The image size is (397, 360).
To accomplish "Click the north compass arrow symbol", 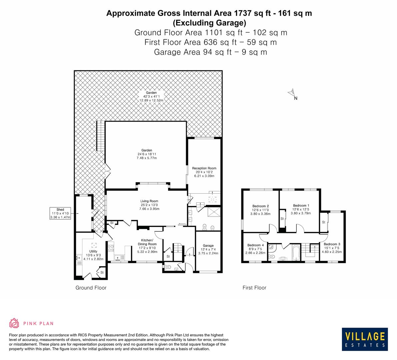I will pyautogui.click(x=292, y=93).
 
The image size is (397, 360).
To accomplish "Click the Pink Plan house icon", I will pyautogui.click(x=14, y=323).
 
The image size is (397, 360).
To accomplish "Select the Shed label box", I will pyautogui.click(x=60, y=213).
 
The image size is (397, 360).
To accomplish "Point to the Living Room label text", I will pyautogui.click(x=149, y=201).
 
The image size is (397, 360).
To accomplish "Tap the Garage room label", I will pyautogui.click(x=208, y=246).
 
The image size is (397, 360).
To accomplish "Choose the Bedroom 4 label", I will pyautogui.click(x=256, y=245).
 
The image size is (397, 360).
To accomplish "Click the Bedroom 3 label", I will pyautogui.click(x=332, y=244).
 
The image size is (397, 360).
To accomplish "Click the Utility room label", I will pyautogui.click(x=93, y=251).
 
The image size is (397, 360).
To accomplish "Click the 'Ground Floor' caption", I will pyautogui.click(x=91, y=288).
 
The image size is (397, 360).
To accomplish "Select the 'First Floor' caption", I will pyautogui.click(x=254, y=288).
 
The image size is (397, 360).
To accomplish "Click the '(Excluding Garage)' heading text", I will pyautogui.click(x=209, y=23).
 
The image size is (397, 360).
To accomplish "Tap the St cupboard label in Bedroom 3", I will pyautogui.click(x=323, y=222).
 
